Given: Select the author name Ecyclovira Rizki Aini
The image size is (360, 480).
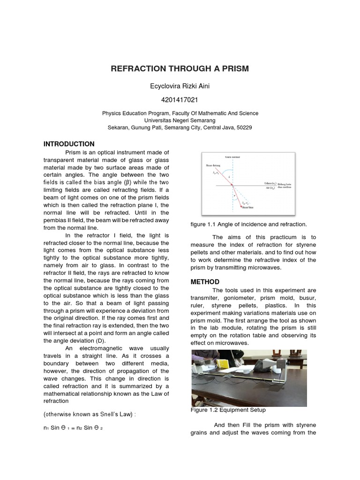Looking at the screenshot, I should point(180,86).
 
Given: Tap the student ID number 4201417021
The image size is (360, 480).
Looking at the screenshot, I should point(180,100).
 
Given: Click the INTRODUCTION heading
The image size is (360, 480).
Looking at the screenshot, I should point(69,144).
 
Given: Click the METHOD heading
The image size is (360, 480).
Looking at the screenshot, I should point(205,282).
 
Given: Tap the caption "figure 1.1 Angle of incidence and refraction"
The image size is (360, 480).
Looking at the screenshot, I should point(248,225).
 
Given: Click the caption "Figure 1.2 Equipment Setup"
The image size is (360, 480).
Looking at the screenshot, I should point(228,410).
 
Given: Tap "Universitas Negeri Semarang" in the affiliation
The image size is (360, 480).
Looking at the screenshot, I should point(180,120).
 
